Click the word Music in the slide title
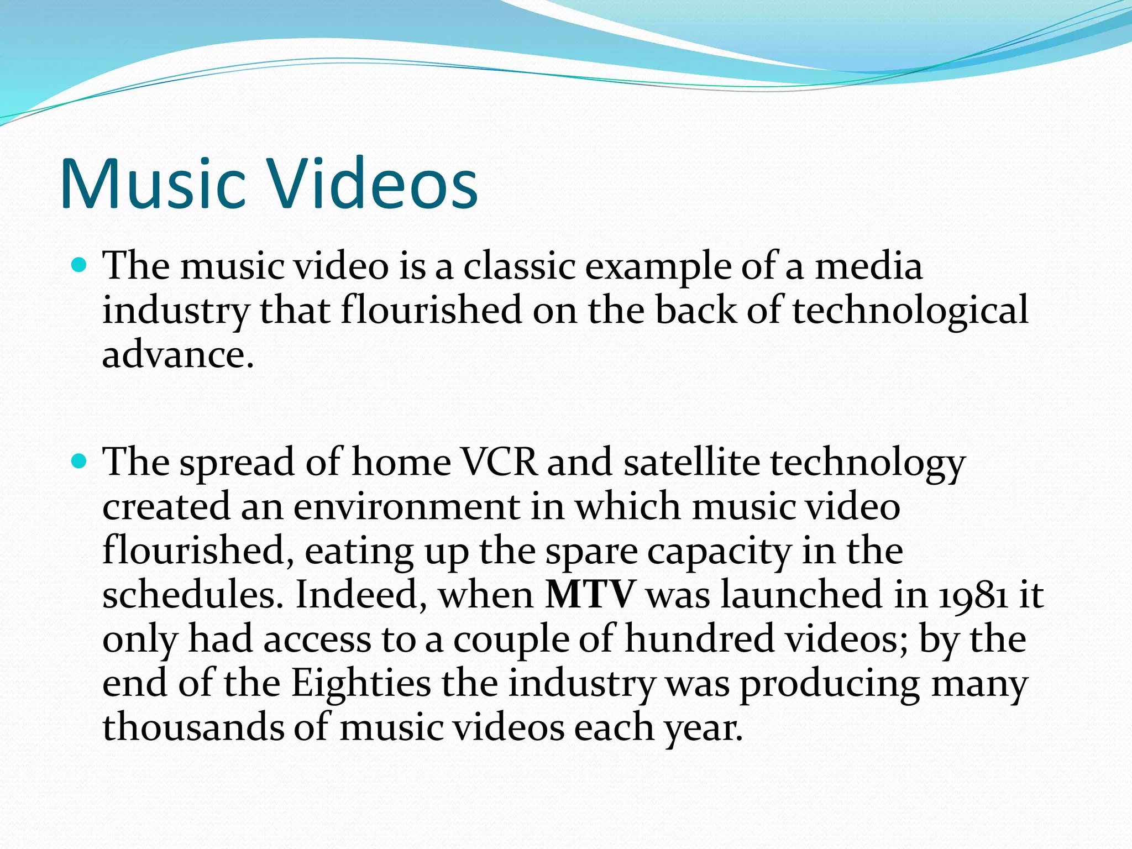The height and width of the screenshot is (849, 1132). click(x=153, y=184)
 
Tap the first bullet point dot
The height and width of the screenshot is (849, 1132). click(x=80, y=265)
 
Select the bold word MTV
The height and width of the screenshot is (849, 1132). click(x=589, y=594)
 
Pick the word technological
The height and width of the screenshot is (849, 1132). click(x=910, y=310)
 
